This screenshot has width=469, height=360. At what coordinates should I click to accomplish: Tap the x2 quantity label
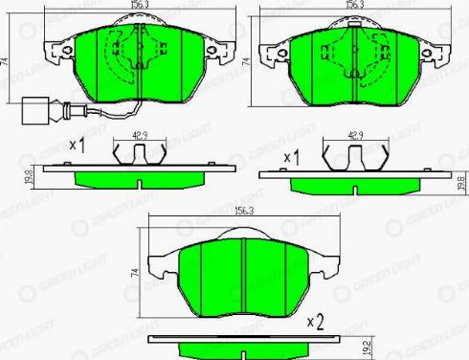pyautogui.click(x=316, y=325)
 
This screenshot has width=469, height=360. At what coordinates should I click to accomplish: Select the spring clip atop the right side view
pyautogui.click(x=356, y=155)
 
